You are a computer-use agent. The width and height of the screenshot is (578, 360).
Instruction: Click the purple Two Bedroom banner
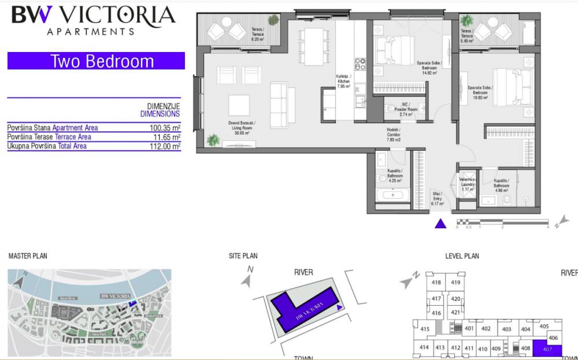coord(96,61)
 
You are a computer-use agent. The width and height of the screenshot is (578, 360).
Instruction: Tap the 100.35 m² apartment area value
coord(165,128)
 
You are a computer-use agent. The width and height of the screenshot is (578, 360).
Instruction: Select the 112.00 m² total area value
coord(165,146)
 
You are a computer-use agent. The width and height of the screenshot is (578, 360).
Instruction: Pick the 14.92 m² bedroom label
coord(428,67)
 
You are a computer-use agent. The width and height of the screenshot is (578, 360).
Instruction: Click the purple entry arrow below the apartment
coord(440,224)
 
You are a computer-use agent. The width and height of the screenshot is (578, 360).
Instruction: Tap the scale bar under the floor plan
coord(502,221)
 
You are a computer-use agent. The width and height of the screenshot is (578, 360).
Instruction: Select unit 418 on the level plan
coord(436,283)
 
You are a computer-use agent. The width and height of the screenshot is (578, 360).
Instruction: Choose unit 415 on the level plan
coord(425,329)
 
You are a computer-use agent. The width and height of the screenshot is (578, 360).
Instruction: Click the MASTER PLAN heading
coord(28,256)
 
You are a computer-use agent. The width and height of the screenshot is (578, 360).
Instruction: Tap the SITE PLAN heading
coord(243,256)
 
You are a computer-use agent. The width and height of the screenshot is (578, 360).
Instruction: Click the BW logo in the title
coord(32,14)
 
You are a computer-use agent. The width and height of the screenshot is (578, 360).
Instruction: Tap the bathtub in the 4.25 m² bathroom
coord(392,195)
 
